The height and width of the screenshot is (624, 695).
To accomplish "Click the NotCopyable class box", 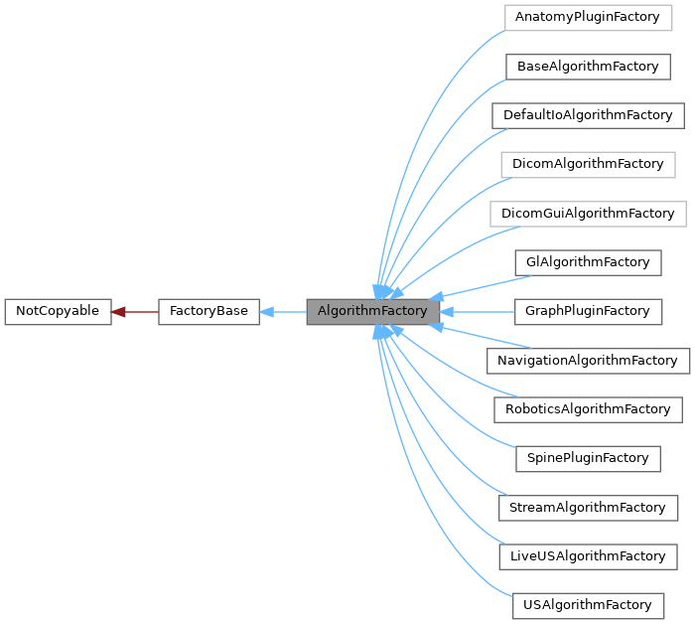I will (x=58, y=312).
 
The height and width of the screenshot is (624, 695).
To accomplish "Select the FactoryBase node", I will (x=208, y=312).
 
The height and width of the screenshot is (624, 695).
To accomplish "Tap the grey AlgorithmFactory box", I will (x=372, y=312).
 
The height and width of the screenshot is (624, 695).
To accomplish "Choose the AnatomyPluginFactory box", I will (x=587, y=18).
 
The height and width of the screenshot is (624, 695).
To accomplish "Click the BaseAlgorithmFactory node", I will (x=587, y=67).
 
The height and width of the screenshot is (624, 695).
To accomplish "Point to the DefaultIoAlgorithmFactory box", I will (x=588, y=115).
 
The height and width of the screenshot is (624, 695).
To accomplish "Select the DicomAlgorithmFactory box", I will (x=587, y=165).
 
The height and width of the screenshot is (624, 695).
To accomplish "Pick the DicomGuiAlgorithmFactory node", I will (x=588, y=214).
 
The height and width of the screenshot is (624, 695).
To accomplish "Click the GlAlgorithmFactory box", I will (x=587, y=262).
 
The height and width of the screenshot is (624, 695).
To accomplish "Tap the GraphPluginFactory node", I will (x=587, y=311).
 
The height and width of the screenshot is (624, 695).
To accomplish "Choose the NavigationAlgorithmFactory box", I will (x=588, y=361).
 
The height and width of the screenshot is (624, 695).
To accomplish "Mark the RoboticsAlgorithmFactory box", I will (x=588, y=409).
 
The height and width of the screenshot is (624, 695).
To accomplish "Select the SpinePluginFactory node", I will (x=587, y=458).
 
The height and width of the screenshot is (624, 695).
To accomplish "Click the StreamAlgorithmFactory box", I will (x=587, y=508).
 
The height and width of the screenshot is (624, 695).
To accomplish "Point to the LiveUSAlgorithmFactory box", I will (x=587, y=556).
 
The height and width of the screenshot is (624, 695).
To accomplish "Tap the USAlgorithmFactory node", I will (x=587, y=605).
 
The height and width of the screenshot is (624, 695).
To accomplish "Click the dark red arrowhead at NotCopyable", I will (x=118, y=312).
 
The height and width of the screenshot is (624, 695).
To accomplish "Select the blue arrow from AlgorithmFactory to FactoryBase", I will (x=283, y=312).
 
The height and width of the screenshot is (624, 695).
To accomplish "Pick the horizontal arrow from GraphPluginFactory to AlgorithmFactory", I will (x=477, y=312).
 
